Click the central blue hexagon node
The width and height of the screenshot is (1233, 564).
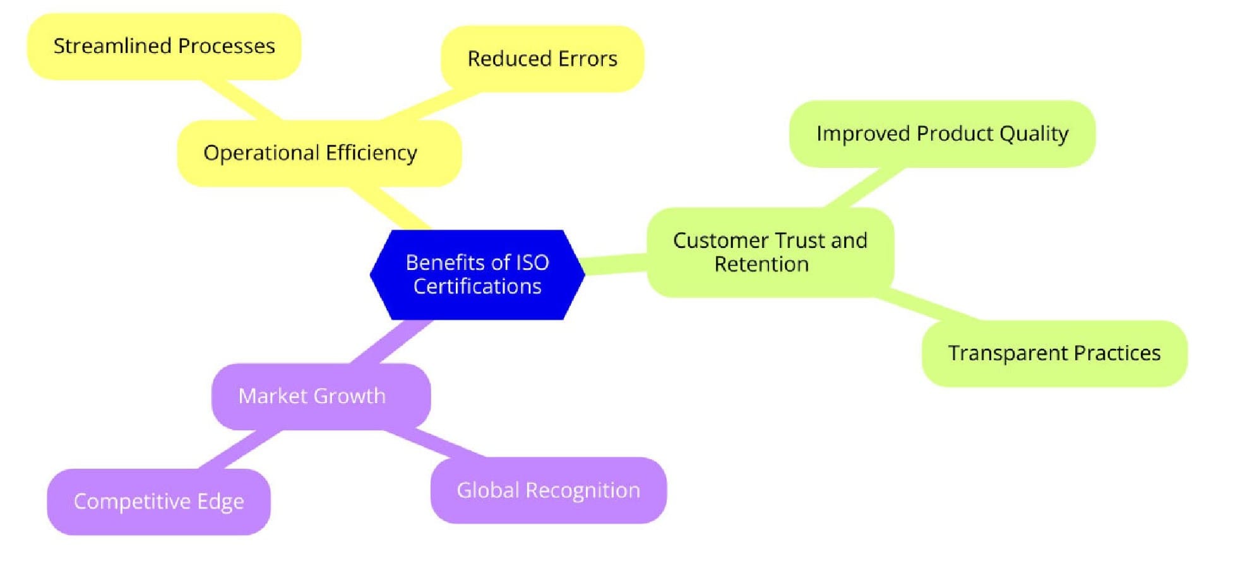[477, 275]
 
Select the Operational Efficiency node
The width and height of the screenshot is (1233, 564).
[319, 153]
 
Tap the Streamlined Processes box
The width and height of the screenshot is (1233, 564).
[164, 47]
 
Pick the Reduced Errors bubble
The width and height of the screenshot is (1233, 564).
[542, 59]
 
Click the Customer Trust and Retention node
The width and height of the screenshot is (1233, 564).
[770, 252]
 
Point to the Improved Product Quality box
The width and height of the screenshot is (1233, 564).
[942, 134]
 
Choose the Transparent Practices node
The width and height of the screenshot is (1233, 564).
[1054, 353]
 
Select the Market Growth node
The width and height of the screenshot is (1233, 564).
[321, 396]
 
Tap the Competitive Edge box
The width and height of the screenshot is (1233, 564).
[158, 502]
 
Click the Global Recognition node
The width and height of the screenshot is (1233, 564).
[548, 490]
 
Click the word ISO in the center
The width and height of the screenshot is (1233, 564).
[532, 262]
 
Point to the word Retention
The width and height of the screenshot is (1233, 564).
[761, 264]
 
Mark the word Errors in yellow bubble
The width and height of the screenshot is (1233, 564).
[588, 59]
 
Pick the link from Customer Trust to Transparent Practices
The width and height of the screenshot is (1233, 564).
[928, 307]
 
